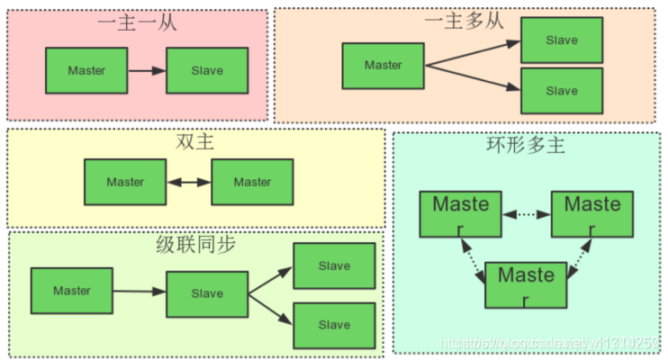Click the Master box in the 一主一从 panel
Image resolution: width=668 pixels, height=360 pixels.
click(86, 70)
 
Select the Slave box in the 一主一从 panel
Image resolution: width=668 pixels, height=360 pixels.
click(207, 70)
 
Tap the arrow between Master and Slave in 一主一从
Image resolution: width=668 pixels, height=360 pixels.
click(147, 70)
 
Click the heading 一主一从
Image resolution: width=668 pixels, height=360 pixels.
click(138, 22)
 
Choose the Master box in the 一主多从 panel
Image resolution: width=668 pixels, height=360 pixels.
click(384, 65)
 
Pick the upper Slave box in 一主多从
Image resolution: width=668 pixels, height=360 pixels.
click(562, 40)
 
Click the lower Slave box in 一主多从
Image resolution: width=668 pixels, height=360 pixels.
click(562, 90)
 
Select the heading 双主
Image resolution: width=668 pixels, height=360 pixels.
click(194, 143)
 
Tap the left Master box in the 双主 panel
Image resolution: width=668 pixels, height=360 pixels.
click(125, 182)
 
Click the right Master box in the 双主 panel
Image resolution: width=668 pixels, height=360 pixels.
click(252, 182)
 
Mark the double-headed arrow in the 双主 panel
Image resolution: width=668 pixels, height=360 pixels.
click(189, 182)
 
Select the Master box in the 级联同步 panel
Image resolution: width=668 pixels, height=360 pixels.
click(72, 291)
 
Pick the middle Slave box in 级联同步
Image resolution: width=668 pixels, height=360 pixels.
click(207, 293)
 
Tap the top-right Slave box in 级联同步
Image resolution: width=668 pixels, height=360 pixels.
click(334, 266)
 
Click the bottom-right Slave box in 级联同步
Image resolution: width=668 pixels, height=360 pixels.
click(334, 325)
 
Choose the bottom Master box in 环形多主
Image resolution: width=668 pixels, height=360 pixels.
click(526, 284)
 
